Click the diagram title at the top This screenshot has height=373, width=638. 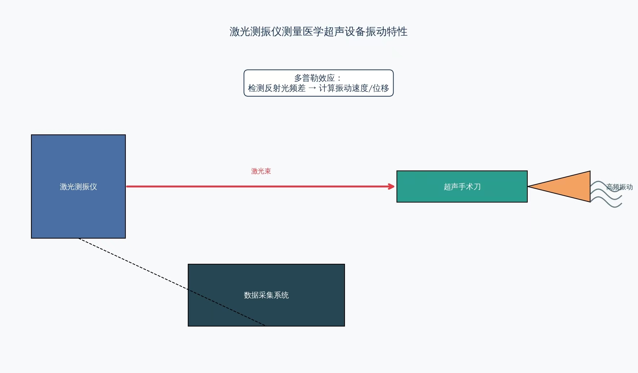(x=318, y=32)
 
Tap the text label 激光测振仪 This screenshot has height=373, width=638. (x=78, y=187)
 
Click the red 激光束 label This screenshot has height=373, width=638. (x=261, y=171)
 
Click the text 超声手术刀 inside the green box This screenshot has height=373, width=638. (x=462, y=187)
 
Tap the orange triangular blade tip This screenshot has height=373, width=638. (x=570, y=186)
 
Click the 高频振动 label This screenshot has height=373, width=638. (x=619, y=187)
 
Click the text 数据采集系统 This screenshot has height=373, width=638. (x=266, y=295)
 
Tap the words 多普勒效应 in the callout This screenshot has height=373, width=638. (x=314, y=78)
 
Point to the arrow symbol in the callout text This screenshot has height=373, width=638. (x=312, y=88)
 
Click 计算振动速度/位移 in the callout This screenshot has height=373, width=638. (x=354, y=88)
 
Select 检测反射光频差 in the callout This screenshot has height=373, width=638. (x=276, y=88)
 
